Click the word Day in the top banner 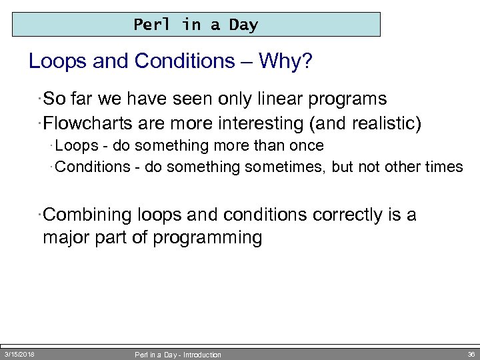pos(243,25)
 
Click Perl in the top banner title pos(152,25)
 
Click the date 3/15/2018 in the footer pos(20,354)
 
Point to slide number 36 pos(471,354)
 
